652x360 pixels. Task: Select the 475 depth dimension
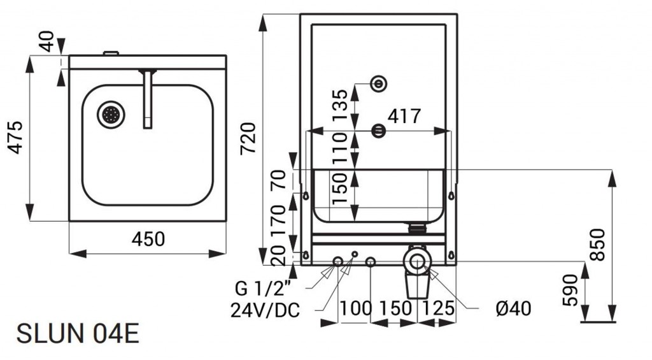(15, 137)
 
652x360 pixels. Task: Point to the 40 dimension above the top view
(45, 44)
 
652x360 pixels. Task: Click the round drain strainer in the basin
(111, 115)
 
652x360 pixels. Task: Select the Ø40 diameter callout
(513, 309)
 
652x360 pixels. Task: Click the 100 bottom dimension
(355, 308)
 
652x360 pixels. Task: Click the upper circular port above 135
(379, 83)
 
